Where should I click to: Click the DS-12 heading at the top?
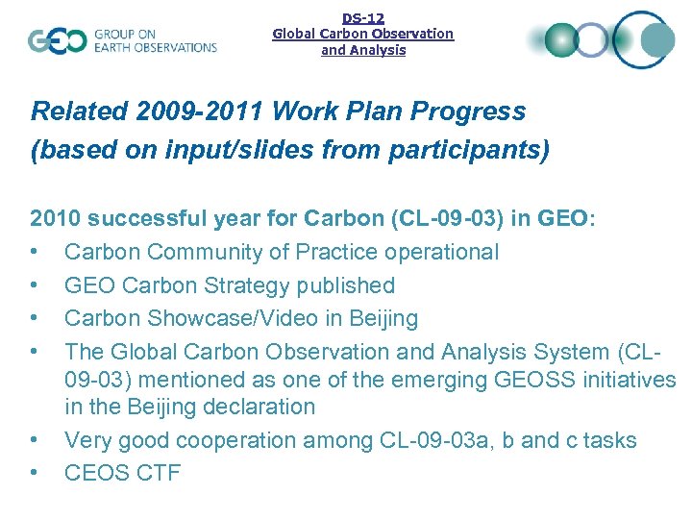363,17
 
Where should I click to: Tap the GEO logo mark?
58,41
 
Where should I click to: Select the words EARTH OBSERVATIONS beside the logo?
156,48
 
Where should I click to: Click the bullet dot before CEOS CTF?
35,473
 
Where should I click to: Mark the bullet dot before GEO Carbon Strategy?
35,285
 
